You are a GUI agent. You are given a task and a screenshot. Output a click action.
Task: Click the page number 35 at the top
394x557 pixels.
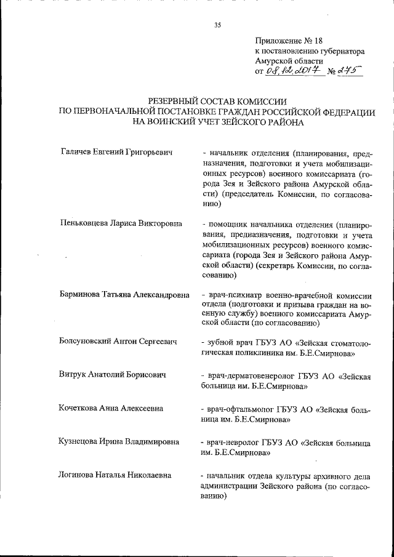click(x=217, y=25)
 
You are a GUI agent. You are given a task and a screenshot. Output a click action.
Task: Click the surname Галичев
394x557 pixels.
click(x=79, y=152)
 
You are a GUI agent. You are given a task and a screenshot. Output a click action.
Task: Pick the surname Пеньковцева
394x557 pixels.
click(x=88, y=223)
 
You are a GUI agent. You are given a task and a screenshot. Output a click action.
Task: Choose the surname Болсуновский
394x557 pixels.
click(x=90, y=342)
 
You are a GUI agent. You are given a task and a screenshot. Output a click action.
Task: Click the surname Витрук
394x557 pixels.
click(x=75, y=375)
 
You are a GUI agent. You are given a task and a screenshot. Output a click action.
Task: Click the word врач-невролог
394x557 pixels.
click(x=236, y=442)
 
